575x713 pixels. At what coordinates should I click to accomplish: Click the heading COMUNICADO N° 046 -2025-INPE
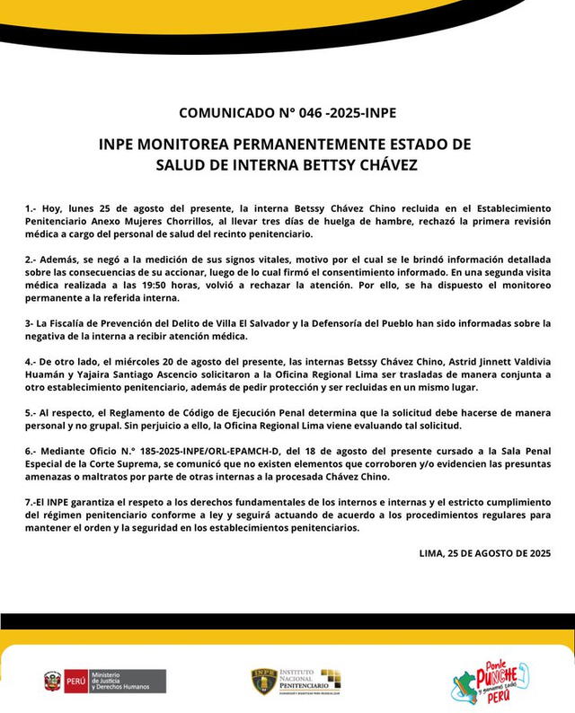(287, 113)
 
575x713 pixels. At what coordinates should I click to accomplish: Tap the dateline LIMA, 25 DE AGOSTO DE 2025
(484, 552)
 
